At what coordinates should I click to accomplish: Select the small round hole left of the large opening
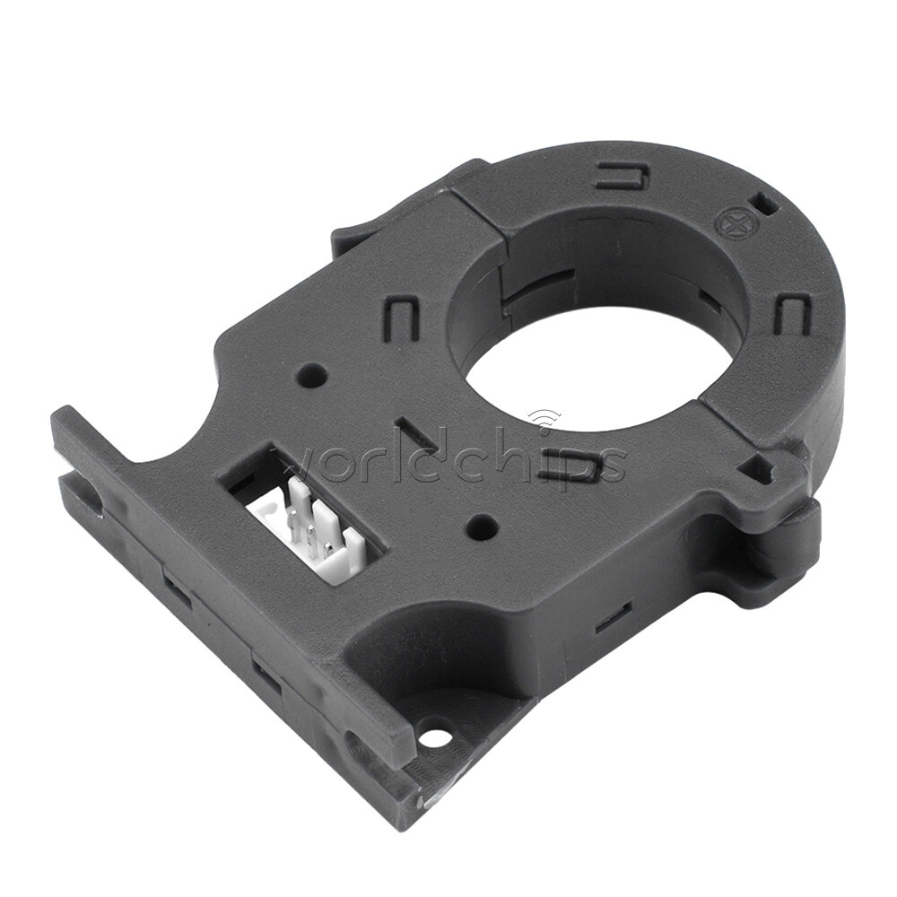(x=312, y=375)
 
